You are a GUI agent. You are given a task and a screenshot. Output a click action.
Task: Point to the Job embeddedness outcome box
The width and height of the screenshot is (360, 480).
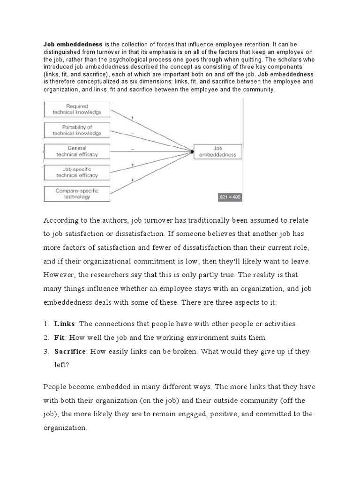point(218,151)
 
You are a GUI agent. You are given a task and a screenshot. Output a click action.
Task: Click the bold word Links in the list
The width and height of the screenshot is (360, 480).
point(64,324)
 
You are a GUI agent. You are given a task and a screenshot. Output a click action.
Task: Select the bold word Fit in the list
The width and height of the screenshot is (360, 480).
point(60,337)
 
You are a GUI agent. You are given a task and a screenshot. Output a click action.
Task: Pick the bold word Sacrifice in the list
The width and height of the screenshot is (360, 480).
point(70,351)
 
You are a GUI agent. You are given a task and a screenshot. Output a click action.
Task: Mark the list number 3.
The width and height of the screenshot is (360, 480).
point(46,351)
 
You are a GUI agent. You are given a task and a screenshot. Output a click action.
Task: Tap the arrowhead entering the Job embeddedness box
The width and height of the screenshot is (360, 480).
point(192,151)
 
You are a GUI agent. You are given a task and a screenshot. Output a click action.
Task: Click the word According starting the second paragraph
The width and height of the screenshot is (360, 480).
point(60,220)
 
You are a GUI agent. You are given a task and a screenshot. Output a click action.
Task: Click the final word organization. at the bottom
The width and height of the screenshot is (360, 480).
point(65,428)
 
